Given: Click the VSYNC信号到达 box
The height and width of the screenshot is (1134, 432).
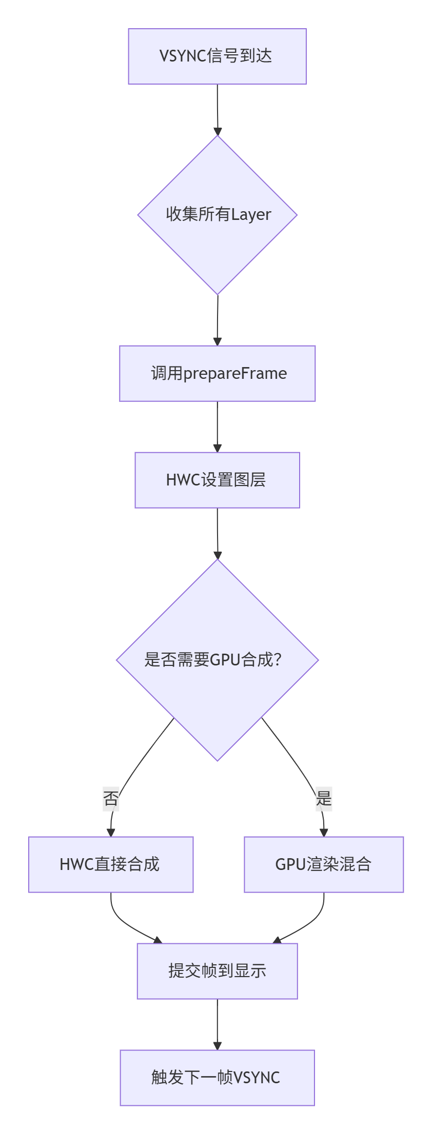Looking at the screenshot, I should [x=217, y=56].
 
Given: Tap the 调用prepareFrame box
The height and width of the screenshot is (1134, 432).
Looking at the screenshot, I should [x=217, y=373].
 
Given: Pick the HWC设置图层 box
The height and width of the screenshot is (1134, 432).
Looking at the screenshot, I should [x=217, y=480].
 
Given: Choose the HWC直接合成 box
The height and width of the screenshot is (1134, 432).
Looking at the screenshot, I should [x=111, y=864].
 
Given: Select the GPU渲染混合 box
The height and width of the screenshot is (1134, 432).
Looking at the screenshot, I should [x=324, y=864].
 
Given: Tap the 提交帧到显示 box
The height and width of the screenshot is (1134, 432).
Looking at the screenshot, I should [x=217, y=971].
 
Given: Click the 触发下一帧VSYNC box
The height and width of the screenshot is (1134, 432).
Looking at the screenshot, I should [x=217, y=1078].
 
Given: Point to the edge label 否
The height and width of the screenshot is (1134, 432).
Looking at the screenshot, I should [x=111, y=798].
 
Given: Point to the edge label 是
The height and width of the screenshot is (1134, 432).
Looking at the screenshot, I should [x=324, y=798].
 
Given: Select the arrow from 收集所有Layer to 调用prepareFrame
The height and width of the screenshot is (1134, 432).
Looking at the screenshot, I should [x=218, y=320].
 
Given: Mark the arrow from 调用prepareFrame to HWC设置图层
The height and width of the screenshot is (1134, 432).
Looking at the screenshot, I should [x=218, y=427].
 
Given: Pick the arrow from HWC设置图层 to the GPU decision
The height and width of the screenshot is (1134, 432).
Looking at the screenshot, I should [x=218, y=533].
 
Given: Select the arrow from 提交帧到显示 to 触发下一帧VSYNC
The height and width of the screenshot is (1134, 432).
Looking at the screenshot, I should [x=218, y=1024].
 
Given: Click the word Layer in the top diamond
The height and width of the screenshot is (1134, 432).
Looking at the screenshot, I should [x=251, y=214].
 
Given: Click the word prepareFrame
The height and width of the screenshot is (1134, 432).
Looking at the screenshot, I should [x=235, y=373].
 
